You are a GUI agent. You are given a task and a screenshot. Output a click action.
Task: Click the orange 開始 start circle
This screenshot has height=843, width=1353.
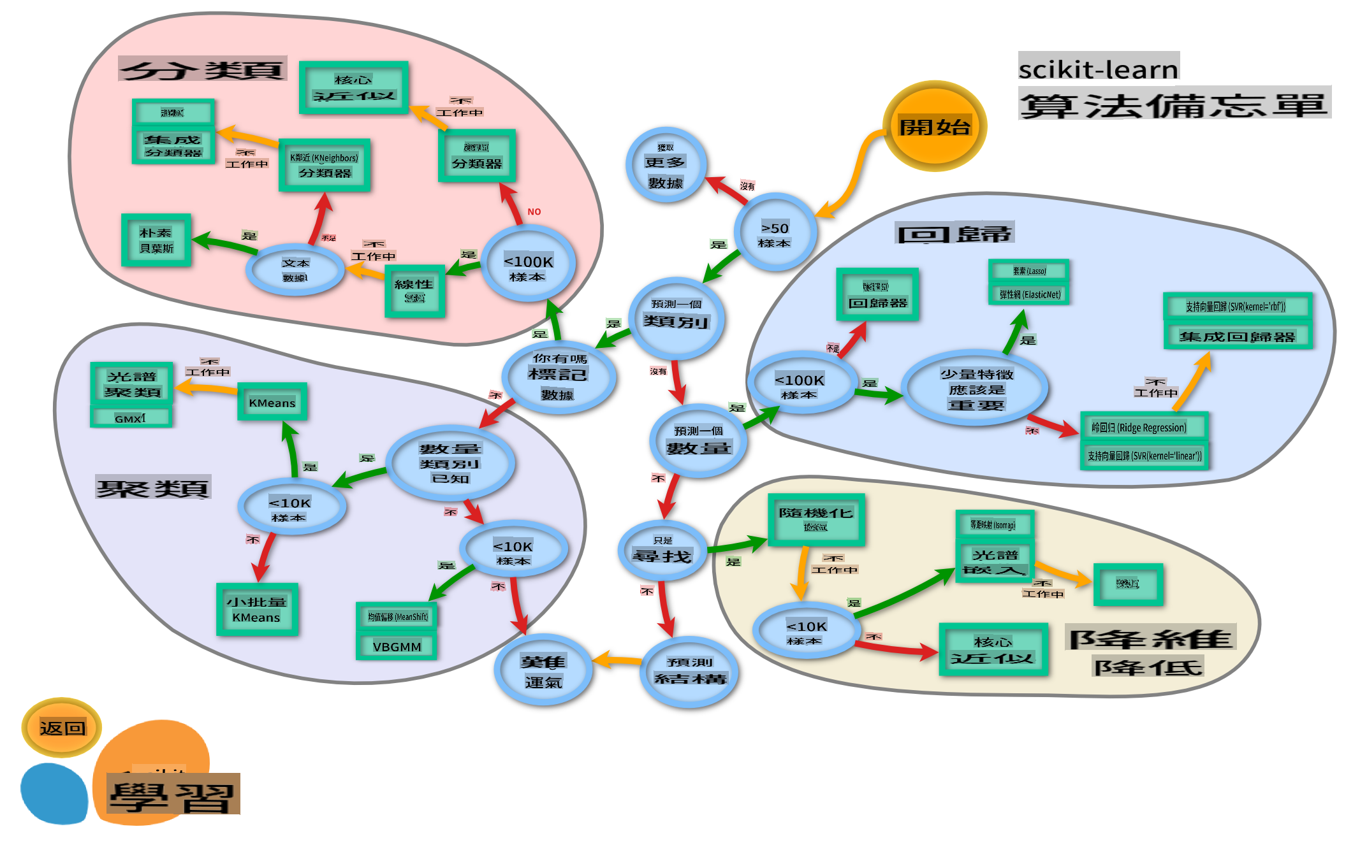point(934,126)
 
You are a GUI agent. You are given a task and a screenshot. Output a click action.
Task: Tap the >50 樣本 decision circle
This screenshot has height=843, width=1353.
point(775,233)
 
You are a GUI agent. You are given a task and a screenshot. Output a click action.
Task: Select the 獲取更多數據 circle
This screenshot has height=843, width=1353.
point(665,165)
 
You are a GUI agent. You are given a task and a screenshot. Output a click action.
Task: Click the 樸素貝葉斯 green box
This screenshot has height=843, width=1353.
point(156,240)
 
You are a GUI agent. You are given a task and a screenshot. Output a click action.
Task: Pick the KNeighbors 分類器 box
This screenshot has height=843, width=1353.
point(325,165)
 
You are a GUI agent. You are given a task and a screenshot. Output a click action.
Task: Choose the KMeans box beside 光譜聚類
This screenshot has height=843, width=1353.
point(272,402)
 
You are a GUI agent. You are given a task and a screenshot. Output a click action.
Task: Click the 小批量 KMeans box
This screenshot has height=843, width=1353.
point(257,609)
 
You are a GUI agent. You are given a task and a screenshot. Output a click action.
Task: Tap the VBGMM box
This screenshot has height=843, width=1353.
point(397,647)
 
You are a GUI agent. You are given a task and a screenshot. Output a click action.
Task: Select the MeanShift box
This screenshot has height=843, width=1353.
point(397,616)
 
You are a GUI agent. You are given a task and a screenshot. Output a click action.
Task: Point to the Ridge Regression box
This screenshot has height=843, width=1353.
point(1144,427)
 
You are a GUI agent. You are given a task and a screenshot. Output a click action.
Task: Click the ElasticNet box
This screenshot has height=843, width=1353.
point(1029,294)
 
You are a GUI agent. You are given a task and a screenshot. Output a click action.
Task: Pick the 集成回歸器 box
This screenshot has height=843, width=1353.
point(1237,336)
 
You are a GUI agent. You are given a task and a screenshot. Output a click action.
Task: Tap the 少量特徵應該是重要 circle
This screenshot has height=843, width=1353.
point(976,389)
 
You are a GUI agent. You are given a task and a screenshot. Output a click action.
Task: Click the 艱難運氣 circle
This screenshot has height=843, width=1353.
point(543,671)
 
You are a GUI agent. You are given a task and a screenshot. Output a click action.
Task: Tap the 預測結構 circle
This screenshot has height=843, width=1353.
point(690,671)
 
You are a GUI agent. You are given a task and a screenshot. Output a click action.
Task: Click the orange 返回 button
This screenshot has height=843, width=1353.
point(62,727)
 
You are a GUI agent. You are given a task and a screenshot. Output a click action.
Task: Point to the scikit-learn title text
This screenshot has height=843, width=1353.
point(1098,68)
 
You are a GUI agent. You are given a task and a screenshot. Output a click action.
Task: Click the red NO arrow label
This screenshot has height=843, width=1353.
point(534,212)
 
